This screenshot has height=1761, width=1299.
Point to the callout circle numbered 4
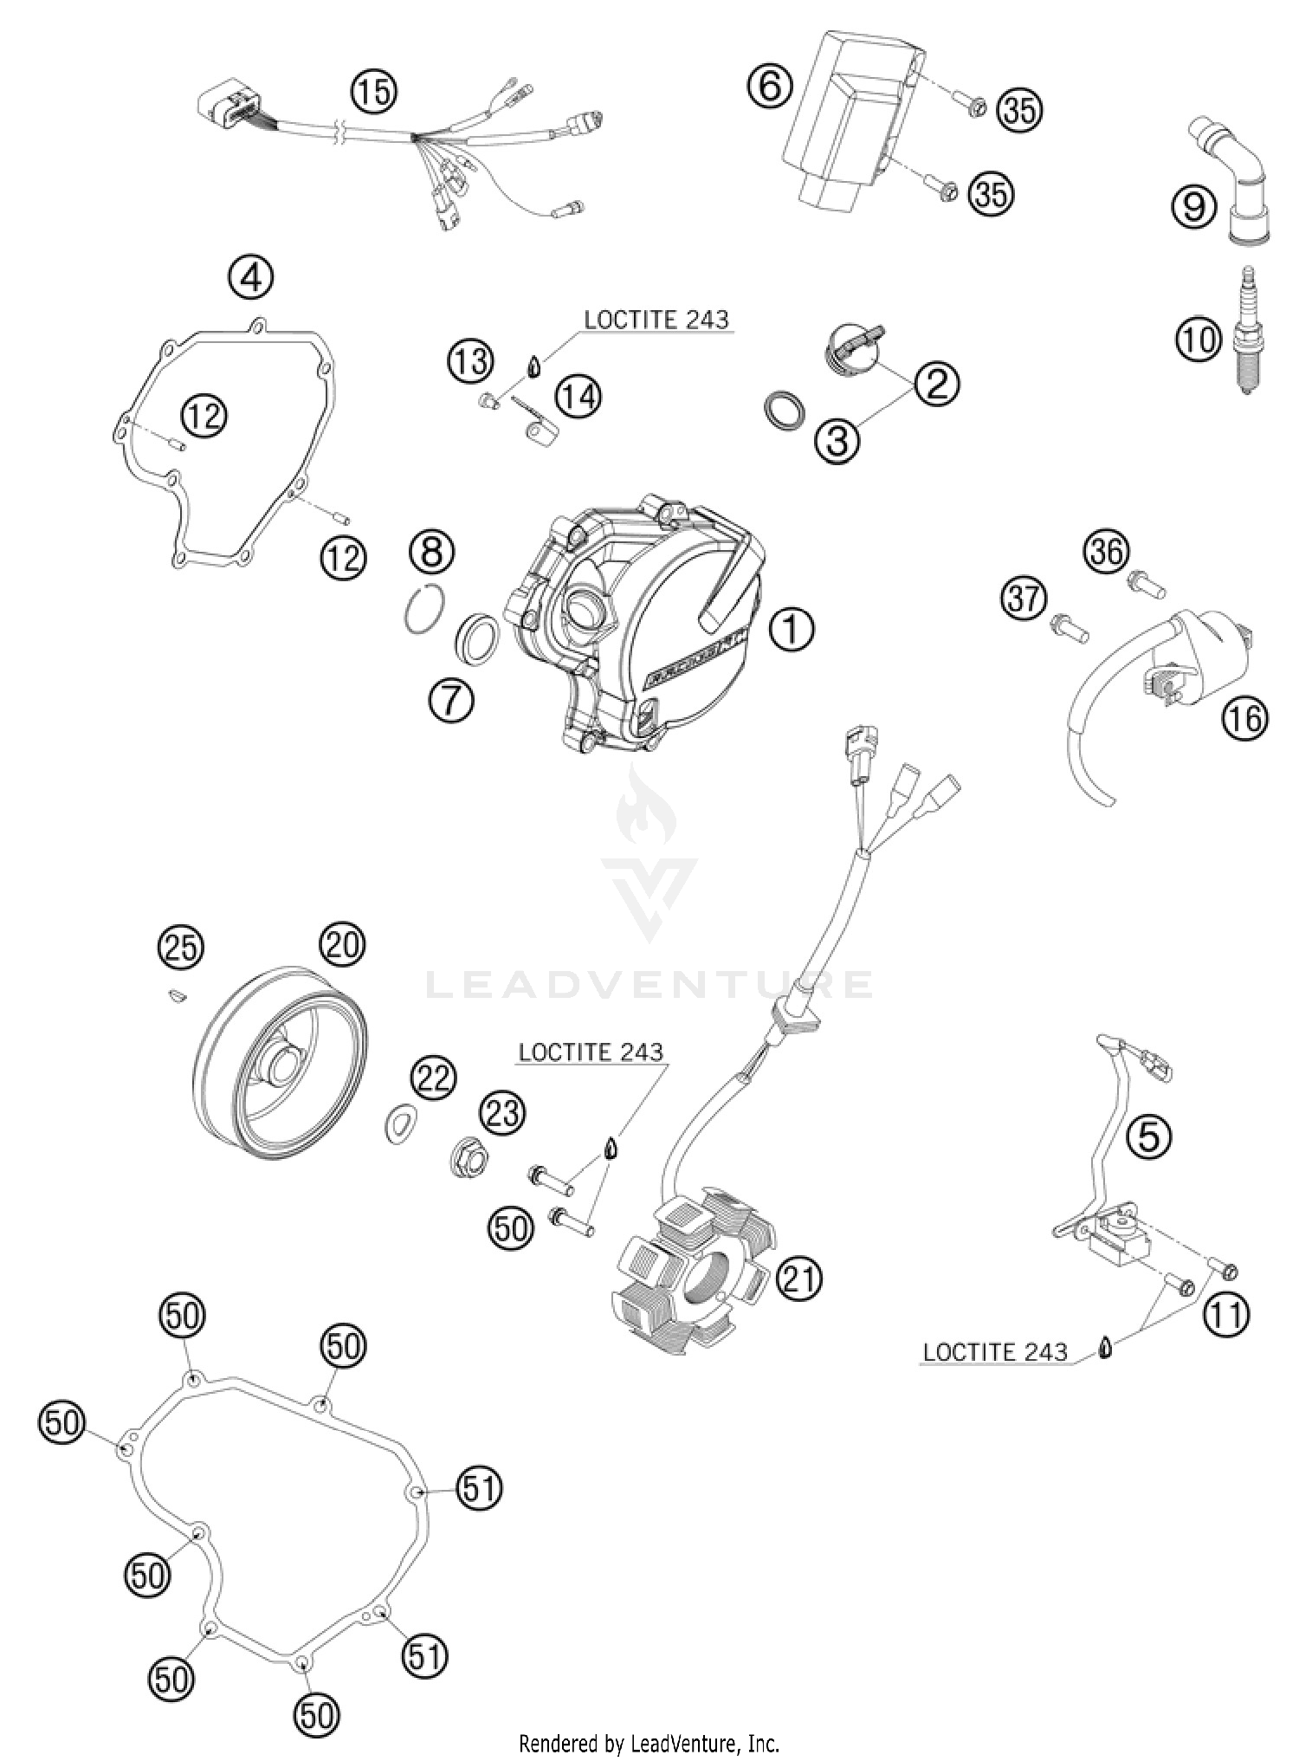pos(250,279)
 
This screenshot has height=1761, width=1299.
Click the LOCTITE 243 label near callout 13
pos(656,320)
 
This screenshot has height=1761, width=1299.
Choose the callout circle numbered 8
pos(431,551)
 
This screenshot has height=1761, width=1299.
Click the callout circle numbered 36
pos(1107,552)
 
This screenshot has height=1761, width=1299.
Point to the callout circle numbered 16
pos(1244,718)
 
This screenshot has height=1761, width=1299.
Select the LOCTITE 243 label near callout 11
pos(995,1352)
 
